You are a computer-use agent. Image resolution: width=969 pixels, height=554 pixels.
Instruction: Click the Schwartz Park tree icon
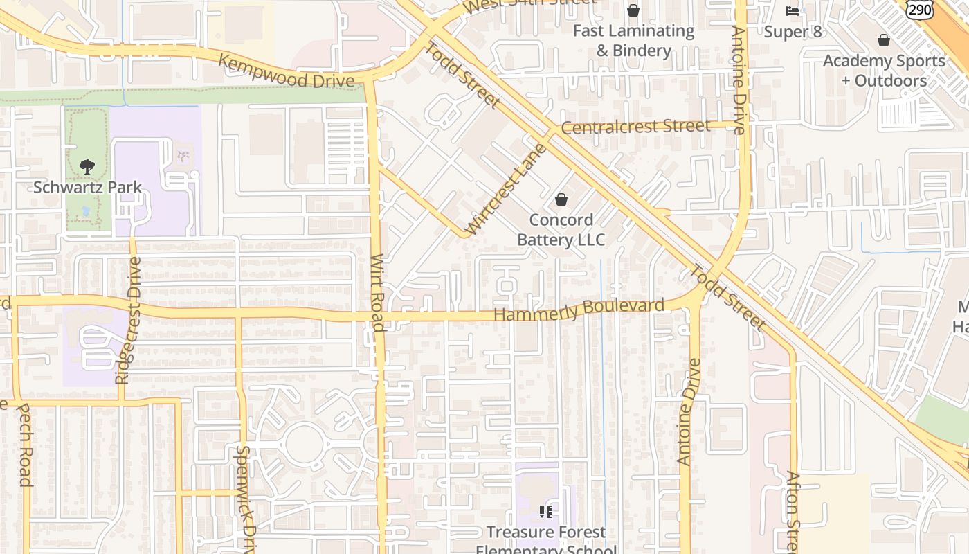coord(87,166)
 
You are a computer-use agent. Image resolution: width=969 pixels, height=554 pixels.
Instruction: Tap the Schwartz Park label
coord(88,187)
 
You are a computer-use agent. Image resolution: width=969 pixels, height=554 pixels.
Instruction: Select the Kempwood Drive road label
coord(287,71)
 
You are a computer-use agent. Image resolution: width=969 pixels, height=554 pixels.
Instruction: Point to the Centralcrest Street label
coord(635,127)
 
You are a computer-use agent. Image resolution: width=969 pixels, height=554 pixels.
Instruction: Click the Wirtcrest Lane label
coord(506,189)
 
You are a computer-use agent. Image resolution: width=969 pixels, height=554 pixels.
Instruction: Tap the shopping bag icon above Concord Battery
coord(561,199)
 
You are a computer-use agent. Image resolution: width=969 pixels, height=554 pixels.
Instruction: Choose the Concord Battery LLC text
coord(561,230)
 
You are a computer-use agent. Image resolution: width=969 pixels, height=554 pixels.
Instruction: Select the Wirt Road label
coord(377,292)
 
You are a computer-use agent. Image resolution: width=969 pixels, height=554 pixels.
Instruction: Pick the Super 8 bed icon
coord(793,11)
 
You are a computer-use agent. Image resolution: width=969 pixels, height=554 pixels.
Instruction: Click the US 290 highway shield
coord(920,8)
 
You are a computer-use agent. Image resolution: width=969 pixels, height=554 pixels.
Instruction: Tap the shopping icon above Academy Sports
coord(883,40)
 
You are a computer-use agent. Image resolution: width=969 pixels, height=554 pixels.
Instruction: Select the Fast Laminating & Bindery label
coord(633,40)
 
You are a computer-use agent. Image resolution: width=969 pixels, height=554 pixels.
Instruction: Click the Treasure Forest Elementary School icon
coord(546,512)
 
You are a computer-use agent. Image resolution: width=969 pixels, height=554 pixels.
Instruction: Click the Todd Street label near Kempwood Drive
coord(462,75)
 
